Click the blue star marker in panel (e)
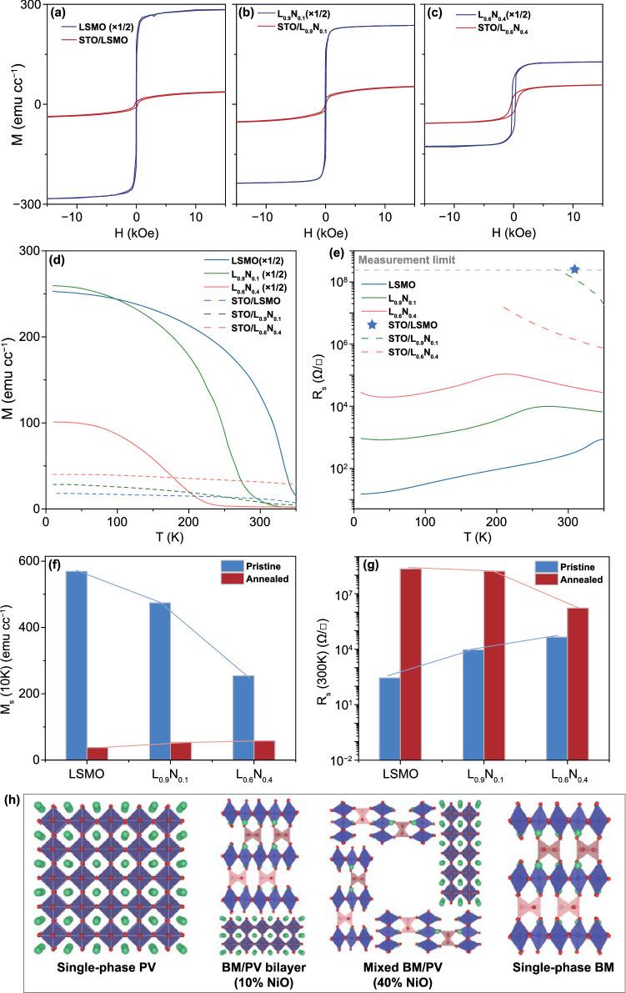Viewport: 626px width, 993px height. tap(574, 268)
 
